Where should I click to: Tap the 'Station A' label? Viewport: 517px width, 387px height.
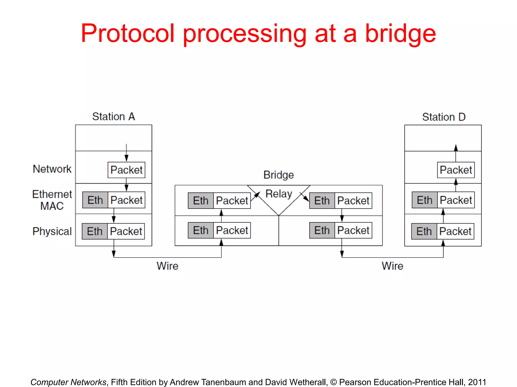(114, 117)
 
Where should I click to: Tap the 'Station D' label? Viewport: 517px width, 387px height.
(444, 117)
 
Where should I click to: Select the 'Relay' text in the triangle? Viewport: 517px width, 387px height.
(279, 194)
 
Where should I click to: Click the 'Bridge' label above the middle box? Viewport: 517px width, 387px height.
(278, 175)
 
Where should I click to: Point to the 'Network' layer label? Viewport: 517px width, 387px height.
(52, 169)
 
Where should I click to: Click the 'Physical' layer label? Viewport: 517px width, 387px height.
(52, 231)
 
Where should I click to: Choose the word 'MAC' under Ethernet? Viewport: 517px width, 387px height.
(52, 206)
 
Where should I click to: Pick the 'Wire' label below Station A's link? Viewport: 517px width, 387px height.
(167, 266)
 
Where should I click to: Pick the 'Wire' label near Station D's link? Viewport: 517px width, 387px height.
(392, 266)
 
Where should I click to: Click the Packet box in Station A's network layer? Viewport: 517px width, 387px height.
(126, 170)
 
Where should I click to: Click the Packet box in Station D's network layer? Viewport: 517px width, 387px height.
(456, 170)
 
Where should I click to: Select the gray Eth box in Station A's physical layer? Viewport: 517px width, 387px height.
(95, 231)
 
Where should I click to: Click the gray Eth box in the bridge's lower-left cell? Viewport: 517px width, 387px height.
(201, 230)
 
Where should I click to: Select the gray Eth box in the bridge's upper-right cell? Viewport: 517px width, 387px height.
(322, 201)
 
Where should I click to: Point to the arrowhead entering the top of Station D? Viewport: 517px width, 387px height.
(456, 147)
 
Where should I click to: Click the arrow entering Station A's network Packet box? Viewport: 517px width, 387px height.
(126, 158)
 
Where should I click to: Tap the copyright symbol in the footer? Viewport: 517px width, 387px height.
(333, 382)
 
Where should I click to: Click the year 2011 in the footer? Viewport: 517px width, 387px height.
(477, 382)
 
